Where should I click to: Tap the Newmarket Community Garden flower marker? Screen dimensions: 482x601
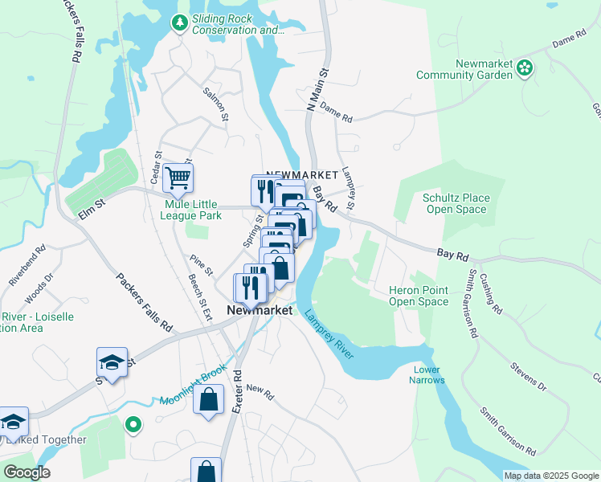click(525, 68)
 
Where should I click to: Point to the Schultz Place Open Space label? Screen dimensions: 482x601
click(455, 203)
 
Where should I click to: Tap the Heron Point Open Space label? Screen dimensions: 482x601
click(418, 296)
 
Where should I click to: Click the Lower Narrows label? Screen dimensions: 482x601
click(428, 374)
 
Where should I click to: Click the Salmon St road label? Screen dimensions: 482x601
click(216, 105)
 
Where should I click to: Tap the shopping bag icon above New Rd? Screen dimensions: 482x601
click(208, 401)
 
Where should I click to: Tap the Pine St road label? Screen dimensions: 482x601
click(200, 264)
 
